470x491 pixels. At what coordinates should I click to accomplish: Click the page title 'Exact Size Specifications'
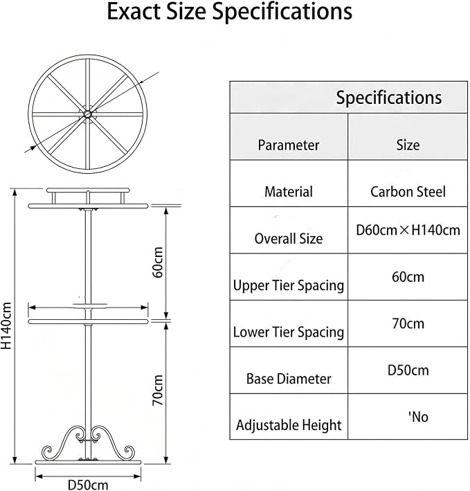[x=230, y=12]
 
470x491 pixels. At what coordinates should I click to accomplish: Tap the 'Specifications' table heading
[x=389, y=98]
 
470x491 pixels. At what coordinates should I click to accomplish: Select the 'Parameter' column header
[x=289, y=145]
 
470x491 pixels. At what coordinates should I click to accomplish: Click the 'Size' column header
[x=408, y=145]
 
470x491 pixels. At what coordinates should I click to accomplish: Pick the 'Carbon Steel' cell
[x=408, y=192]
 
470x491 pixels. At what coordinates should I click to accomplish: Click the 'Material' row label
[x=289, y=192]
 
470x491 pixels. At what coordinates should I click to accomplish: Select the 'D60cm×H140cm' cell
[x=408, y=230]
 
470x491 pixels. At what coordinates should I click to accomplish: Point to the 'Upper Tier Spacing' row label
[x=289, y=285]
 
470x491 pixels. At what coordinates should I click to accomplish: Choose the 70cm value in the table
[x=408, y=323]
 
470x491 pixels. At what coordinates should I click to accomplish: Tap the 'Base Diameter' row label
[x=289, y=379]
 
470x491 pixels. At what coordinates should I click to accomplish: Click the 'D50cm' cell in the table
[x=408, y=370]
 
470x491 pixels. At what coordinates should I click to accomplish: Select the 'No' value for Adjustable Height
[x=419, y=417]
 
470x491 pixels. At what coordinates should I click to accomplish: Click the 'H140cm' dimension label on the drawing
[x=6, y=325]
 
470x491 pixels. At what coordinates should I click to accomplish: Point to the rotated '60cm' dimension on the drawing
[x=158, y=262]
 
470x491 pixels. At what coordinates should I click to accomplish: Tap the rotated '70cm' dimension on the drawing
[x=158, y=390]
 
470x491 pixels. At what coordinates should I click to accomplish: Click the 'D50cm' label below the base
[x=88, y=485]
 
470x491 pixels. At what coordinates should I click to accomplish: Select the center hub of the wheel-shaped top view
[x=88, y=114]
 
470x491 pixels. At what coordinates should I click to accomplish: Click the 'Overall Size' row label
[x=289, y=239]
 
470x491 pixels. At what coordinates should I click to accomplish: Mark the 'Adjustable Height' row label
[x=289, y=425]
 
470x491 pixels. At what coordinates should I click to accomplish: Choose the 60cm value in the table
[x=408, y=277]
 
